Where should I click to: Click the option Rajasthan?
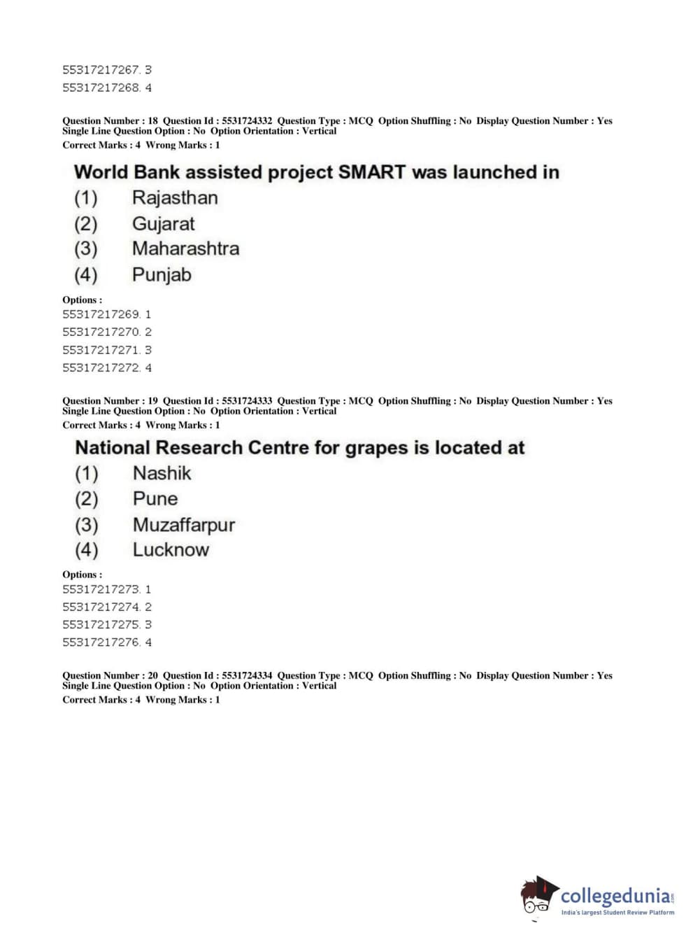[x=175, y=198]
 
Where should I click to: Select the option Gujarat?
[x=164, y=224]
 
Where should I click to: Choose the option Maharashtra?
[x=185, y=248]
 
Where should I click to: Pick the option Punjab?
[x=162, y=274]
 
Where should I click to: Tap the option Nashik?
[x=162, y=473]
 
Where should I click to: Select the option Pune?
[x=155, y=499]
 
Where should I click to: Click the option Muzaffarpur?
[x=184, y=525]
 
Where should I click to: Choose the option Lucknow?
[x=171, y=550]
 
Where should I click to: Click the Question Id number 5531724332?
[x=247, y=121]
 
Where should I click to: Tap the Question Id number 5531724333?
[x=247, y=401]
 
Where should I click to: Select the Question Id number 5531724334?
[x=247, y=675]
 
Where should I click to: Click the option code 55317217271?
[x=101, y=350]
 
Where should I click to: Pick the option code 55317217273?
[x=101, y=589]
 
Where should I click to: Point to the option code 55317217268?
[x=101, y=87]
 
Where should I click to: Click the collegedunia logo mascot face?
[x=538, y=897]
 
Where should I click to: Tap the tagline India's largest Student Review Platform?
[x=617, y=913]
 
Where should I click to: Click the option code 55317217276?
[x=101, y=642]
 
